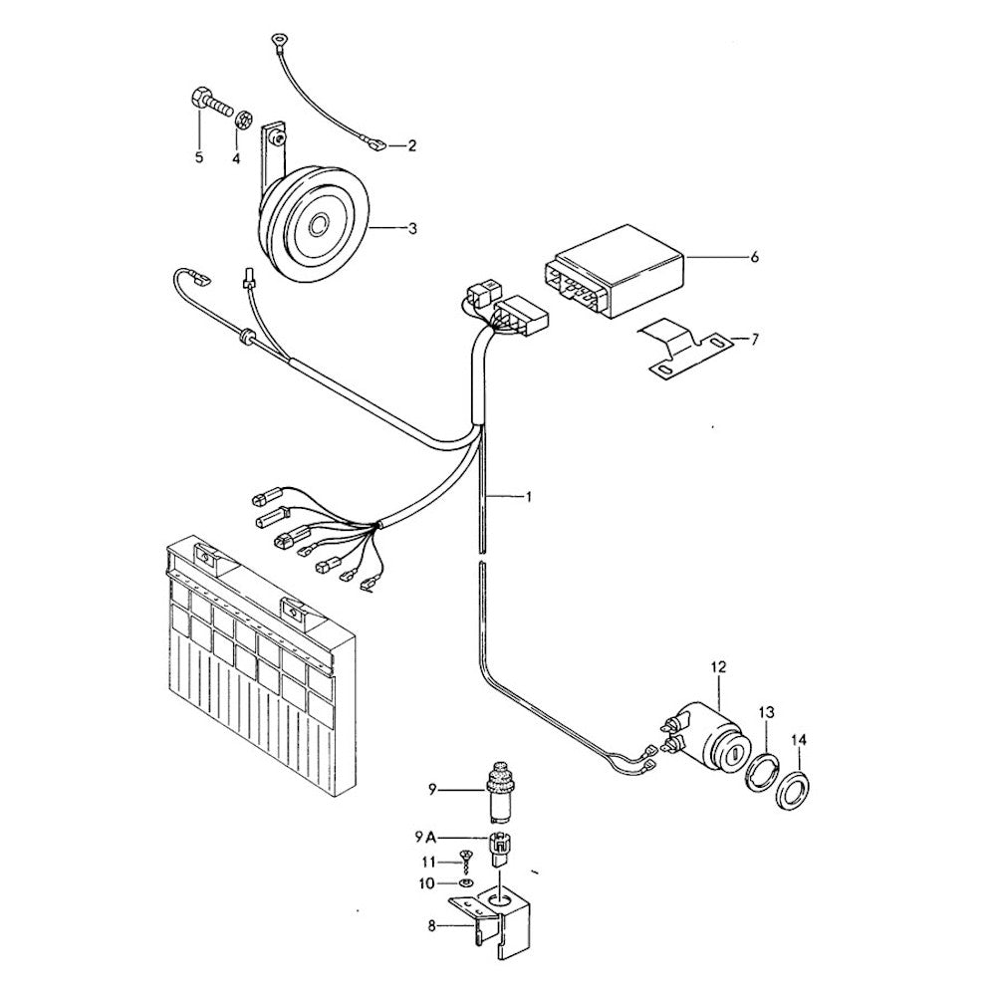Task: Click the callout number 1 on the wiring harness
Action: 529,495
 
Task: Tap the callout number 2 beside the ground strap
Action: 411,145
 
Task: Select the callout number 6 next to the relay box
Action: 754,257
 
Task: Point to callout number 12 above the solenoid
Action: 719,666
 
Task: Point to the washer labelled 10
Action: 466,881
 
